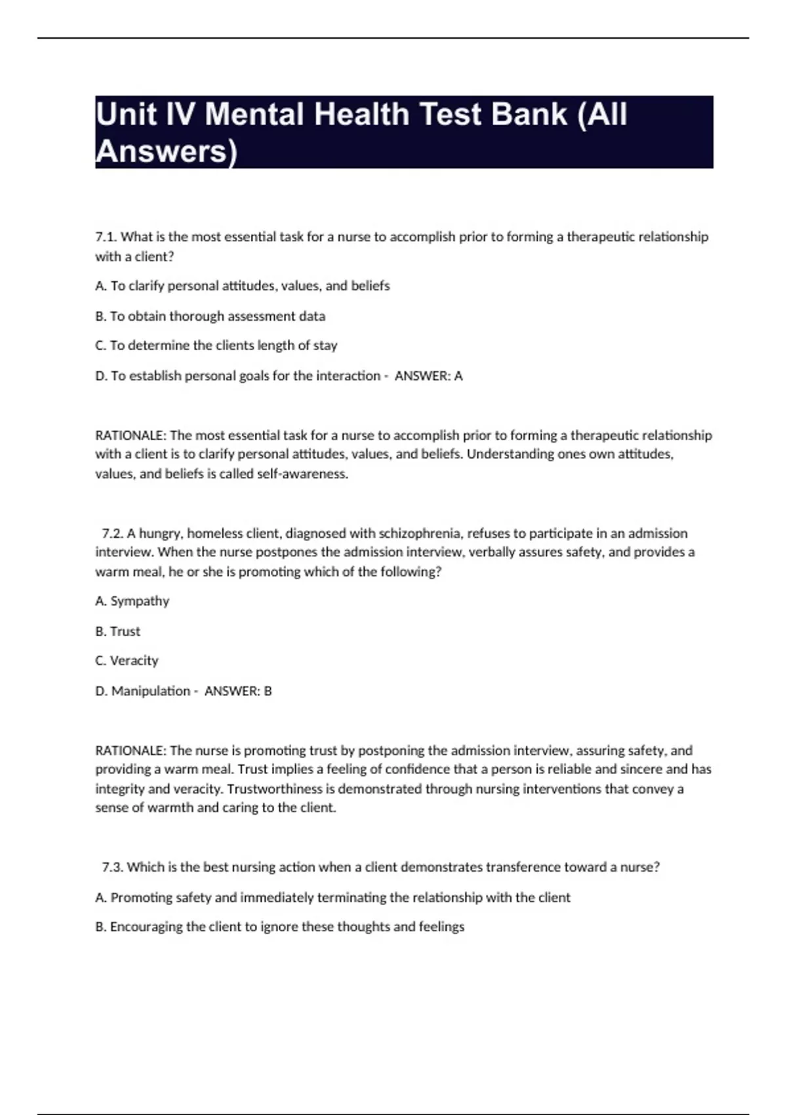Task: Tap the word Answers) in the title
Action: point(166,152)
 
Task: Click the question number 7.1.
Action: point(106,237)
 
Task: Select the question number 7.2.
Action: point(113,533)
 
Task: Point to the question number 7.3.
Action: point(113,867)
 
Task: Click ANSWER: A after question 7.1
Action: point(428,376)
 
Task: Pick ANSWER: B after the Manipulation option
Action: point(238,691)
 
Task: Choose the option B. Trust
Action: point(118,631)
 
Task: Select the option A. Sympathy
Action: point(132,601)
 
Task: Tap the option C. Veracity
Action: point(127,660)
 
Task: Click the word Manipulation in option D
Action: point(150,691)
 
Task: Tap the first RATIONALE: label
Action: point(131,436)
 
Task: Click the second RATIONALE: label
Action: point(131,750)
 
